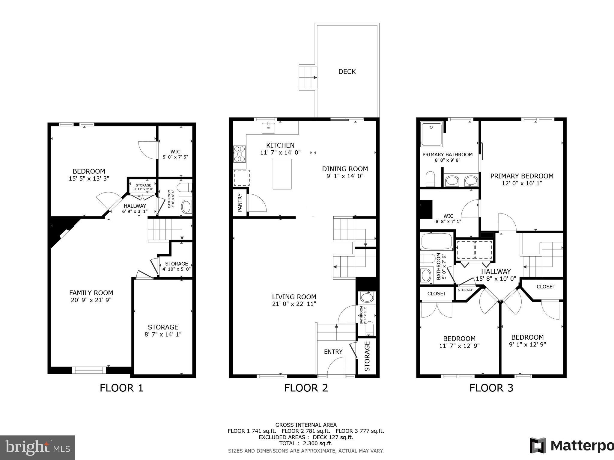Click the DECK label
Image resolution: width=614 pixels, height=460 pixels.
click(347, 72)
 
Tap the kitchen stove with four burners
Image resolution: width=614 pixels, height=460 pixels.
click(239, 154)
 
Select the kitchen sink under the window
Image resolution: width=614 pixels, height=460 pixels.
click(269, 128)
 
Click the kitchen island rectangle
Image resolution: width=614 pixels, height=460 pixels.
click(282, 174)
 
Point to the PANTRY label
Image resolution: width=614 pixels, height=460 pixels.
click(240, 203)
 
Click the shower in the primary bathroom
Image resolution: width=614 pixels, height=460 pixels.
click(432, 134)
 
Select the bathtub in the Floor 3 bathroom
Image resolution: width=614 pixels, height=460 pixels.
click(437, 241)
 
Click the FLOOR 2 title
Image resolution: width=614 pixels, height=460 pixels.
click(306, 388)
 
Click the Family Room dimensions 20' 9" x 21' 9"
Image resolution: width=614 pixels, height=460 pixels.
click(91, 300)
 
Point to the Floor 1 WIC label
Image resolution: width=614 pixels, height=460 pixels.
click(175, 152)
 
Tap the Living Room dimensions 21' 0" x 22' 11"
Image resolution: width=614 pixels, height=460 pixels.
click(294, 304)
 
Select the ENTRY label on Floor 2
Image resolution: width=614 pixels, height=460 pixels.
click(333, 352)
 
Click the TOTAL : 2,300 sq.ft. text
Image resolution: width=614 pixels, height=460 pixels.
click(306, 444)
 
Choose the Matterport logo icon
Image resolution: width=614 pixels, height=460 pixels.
click(538, 445)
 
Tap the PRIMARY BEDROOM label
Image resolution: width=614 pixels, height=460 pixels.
click(522, 176)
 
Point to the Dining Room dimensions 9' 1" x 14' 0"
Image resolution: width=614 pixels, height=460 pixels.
click(345, 176)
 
